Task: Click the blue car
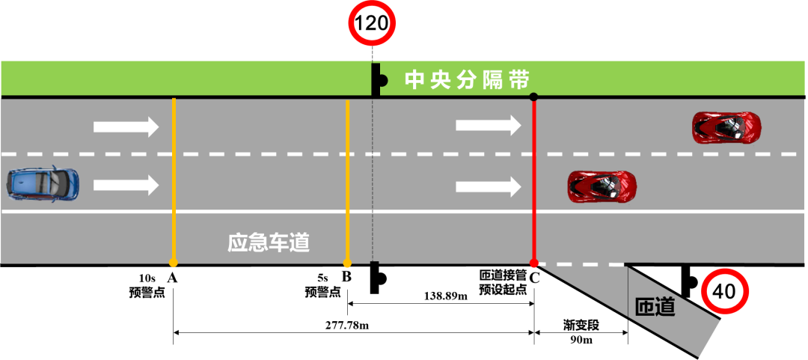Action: [x=43, y=184]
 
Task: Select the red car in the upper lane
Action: [x=726, y=127]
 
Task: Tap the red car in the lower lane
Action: [x=602, y=186]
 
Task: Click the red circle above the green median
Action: [x=372, y=23]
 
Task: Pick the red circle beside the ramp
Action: [x=725, y=292]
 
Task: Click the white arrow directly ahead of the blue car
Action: [x=126, y=184]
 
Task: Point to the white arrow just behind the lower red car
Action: [x=489, y=186]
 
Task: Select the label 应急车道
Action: [x=269, y=243]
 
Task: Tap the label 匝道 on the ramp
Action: [x=655, y=307]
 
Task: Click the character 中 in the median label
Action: [x=414, y=80]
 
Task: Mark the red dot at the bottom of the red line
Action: [x=533, y=263]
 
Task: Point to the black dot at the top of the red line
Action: [x=533, y=97]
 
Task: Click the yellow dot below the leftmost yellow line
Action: [x=174, y=263]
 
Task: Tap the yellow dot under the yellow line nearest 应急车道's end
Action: [x=347, y=263]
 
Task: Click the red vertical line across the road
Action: [x=534, y=180]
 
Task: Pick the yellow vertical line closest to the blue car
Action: [x=174, y=180]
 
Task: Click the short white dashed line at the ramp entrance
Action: [x=581, y=264]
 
